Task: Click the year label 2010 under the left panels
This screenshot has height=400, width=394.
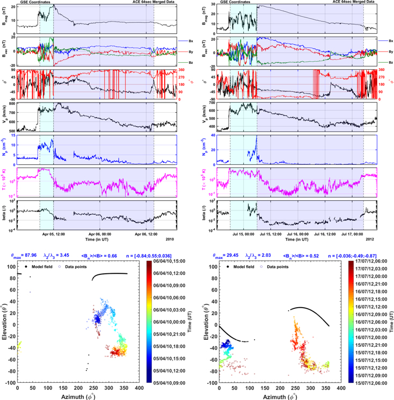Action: [x=169, y=239]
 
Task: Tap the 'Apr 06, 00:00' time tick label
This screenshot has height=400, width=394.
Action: [x=103, y=234]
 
